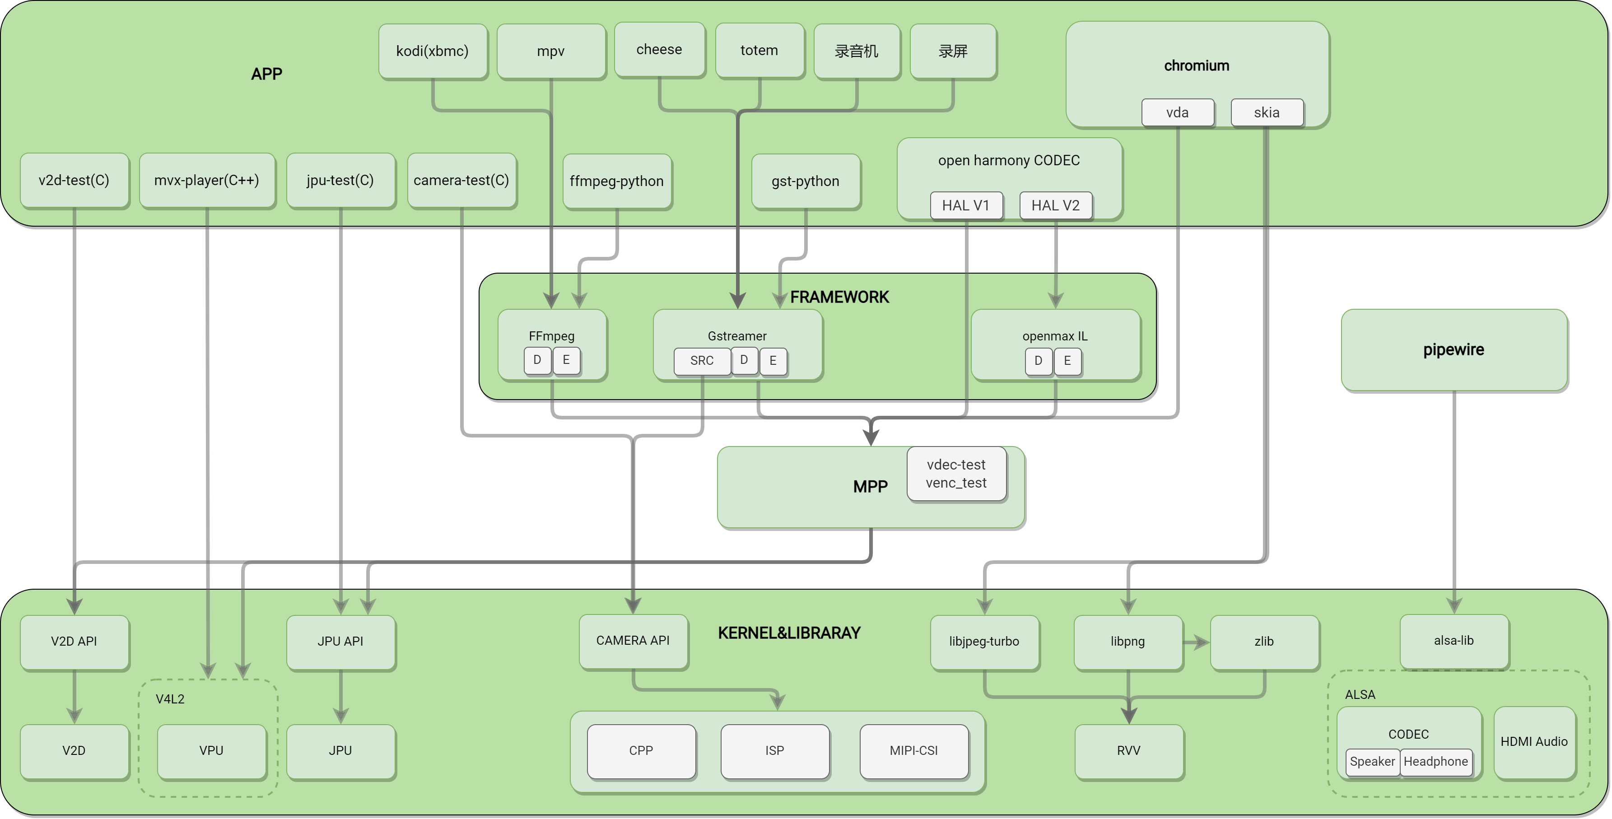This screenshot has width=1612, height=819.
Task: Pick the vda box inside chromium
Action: point(1177,112)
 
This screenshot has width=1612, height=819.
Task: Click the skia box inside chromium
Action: point(1267,112)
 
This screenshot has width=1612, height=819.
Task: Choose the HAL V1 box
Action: point(965,205)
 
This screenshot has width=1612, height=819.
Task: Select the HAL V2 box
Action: point(1055,205)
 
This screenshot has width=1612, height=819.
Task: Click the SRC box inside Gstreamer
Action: point(702,360)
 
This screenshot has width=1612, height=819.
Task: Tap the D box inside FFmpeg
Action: point(537,360)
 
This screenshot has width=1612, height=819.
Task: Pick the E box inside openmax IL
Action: point(1067,360)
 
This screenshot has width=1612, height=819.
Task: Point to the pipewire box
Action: point(1453,350)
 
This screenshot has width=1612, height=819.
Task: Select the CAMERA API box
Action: point(633,641)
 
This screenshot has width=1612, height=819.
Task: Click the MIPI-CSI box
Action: point(913,750)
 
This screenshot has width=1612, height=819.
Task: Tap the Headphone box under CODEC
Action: point(1435,762)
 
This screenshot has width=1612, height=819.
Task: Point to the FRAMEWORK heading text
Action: point(839,297)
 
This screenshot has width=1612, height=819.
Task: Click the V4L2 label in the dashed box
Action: point(170,699)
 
